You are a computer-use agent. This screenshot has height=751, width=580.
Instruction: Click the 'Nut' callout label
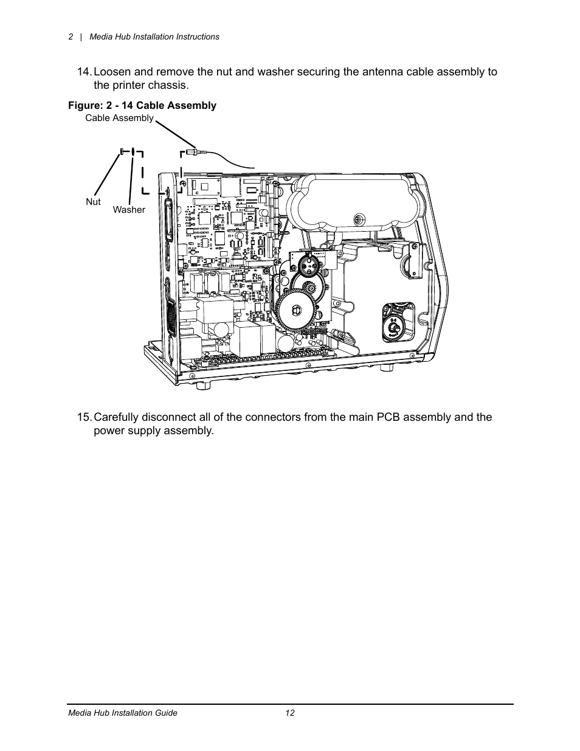(x=93, y=202)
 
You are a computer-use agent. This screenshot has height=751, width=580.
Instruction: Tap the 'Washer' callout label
(x=129, y=210)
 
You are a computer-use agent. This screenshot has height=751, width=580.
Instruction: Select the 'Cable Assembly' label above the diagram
(x=119, y=118)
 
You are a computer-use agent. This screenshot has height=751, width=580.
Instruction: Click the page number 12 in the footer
(x=289, y=713)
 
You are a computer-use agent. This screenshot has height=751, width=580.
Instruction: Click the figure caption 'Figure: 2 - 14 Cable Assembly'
(x=142, y=106)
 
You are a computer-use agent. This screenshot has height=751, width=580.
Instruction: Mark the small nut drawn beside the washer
(x=122, y=151)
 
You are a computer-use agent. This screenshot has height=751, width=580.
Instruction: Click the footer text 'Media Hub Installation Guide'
(x=122, y=713)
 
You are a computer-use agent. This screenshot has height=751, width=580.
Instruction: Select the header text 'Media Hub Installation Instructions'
(x=154, y=36)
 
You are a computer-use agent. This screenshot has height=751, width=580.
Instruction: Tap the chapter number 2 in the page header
(x=71, y=36)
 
